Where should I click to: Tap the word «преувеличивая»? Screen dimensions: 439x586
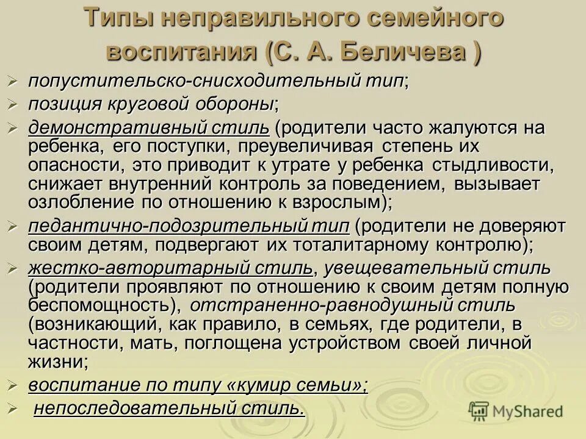(310, 147)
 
